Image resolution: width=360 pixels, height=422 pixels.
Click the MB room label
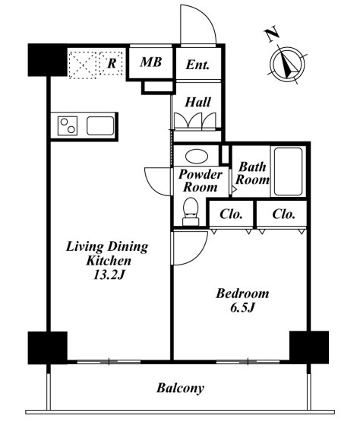pos(151,62)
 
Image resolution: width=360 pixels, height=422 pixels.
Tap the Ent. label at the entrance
pos(197,65)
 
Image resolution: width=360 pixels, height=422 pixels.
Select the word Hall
pos(198,103)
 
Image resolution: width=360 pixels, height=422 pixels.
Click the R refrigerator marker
pos(112,64)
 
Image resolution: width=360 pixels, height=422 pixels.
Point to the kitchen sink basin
pos(100,125)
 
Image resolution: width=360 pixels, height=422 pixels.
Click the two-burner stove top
pos(68,125)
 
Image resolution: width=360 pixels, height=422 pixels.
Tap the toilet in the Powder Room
pos(191,211)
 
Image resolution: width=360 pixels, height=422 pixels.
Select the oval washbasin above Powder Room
pos(197,157)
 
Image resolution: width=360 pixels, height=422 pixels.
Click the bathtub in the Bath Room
pos(288,171)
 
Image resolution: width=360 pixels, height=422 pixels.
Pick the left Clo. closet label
pos(231,214)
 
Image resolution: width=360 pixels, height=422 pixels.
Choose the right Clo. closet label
pos(283,214)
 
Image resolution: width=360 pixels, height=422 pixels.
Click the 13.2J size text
pos(109,274)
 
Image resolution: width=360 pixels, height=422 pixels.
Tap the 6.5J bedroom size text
pos(242,308)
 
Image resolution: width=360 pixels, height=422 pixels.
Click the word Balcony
pos(181,389)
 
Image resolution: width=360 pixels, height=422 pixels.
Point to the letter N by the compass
pos(272,33)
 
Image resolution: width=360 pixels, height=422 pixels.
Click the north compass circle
pos(287,65)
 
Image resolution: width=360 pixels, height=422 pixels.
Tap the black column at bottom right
pos(309,347)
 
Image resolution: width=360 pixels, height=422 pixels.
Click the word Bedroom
pos(242,293)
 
